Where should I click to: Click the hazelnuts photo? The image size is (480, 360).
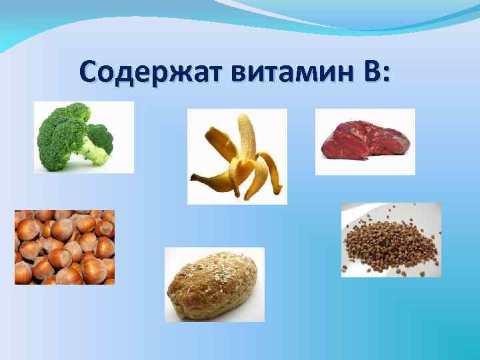pos(65,247)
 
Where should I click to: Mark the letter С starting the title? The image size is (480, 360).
pos(89,71)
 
